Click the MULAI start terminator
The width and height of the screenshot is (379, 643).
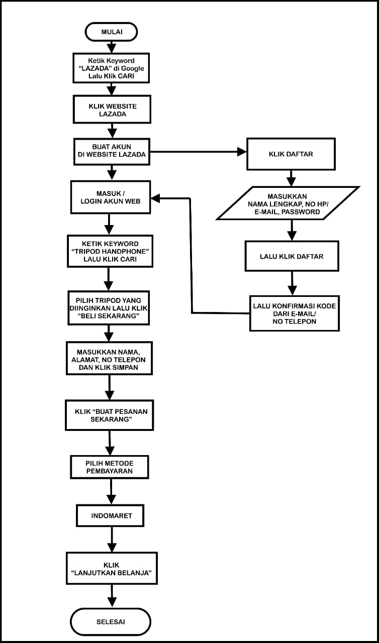(x=111, y=32)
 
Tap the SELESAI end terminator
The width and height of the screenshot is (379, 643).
(x=111, y=621)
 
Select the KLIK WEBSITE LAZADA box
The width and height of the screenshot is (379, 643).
(x=112, y=110)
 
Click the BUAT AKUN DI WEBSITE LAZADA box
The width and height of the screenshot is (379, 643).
(x=112, y=151)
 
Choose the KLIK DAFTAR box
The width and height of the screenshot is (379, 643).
(x=291, y=154)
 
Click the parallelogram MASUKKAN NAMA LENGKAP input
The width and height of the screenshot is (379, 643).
(x=288, y=203)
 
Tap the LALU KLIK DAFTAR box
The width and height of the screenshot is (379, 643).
(x=292, y=256)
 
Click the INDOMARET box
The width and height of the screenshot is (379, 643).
(x=111, y=515)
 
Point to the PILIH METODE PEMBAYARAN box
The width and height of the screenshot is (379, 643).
(x=109, y=467)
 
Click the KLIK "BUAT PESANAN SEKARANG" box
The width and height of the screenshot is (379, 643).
(x=110, y=415)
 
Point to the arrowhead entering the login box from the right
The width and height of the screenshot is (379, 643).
(x=156, y=198)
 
